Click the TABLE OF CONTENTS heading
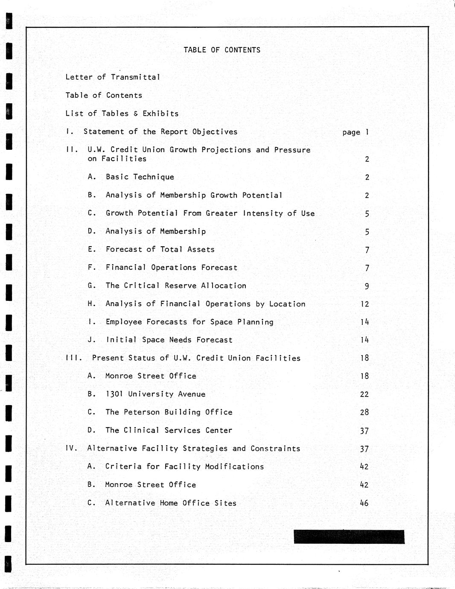tap(222, 50)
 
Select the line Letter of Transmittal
tap(113, 77)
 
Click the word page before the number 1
tap(351, 132)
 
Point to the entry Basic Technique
tap(140, 177)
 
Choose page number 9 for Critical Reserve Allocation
tap(367, 286)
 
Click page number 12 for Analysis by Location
tap(365, 304)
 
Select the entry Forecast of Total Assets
tap(160, 250)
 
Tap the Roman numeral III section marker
tap(73, 358)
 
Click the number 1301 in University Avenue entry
tap(114, 394)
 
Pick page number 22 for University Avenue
tap(364, 394)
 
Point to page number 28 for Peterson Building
tap(364, 412)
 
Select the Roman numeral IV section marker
tap(71, 449)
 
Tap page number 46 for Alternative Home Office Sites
tap(364, 503)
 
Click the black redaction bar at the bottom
tap(349, 537)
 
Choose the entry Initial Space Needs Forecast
tap(169, 340)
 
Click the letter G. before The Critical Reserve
tap(92, 286)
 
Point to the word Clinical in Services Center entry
tap(141, 430)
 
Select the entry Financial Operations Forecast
tap(171, 268)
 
